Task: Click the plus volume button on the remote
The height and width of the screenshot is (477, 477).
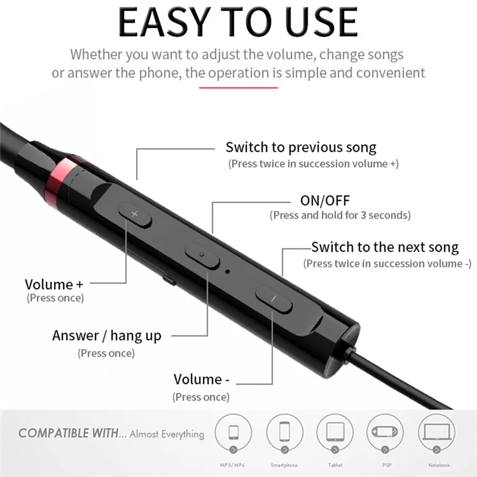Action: [x=135, y=215]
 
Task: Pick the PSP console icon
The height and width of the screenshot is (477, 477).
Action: [x=386, y=432]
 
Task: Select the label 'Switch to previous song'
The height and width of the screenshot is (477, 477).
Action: [x=301, y=148]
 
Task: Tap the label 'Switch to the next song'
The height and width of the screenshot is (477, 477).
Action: [x=385, y=247]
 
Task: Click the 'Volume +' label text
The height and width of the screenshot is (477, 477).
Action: [x=54, y=284]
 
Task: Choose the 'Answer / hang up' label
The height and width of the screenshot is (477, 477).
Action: [x=107, y=336]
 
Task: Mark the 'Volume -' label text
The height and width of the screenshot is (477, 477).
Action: [x=201, y=380]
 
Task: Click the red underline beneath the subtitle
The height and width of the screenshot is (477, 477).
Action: [x=238, y=88]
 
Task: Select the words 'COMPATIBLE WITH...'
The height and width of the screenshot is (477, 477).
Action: [x=72, y=434]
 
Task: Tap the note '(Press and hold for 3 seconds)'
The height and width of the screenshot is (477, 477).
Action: [x=340, y=215]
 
